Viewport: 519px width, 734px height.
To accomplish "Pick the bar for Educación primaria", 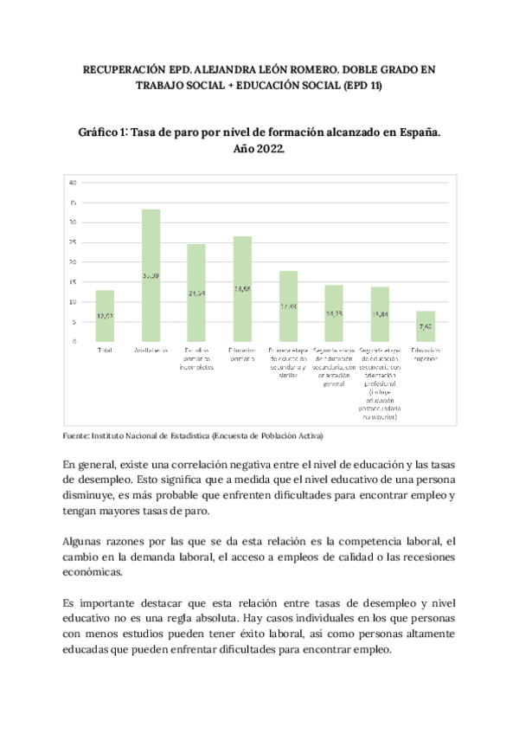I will [242, 288].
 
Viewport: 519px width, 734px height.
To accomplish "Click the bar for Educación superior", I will [425, 325].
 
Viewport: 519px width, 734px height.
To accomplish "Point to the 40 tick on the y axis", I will [74, 183].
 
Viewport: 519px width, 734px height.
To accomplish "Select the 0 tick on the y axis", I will [74, 341].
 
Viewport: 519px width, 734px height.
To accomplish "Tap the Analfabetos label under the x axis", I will [151, 351].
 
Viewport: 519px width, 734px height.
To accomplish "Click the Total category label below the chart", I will [105, 351].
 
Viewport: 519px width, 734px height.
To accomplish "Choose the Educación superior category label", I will [425, 355].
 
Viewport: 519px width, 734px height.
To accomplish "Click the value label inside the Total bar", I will [105, 317].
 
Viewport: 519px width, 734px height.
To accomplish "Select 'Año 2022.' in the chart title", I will [259, 150].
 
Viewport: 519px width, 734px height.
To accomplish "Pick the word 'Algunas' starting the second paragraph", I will [86, 540].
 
